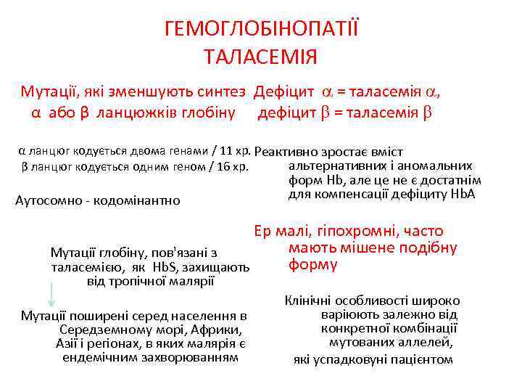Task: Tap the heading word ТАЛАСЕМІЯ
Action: (261, 56)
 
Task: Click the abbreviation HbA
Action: (461, 194)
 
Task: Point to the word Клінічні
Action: (310, 301)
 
